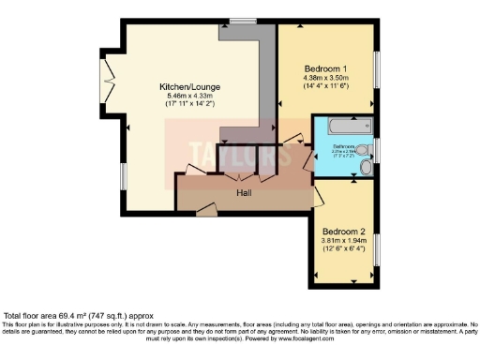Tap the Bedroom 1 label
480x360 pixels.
[x=327, y=68]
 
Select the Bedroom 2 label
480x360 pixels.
[x=343, y=231]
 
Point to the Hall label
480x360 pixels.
[x=244, y=192]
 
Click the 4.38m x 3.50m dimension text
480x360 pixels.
[x=327, y=79]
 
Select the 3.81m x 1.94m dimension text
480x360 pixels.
[x=343, y=241]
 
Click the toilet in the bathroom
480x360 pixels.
[x=366, y=169]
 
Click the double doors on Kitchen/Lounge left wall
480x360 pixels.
[x=111, y=71]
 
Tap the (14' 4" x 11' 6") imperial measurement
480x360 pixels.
[x=327, y=88]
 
